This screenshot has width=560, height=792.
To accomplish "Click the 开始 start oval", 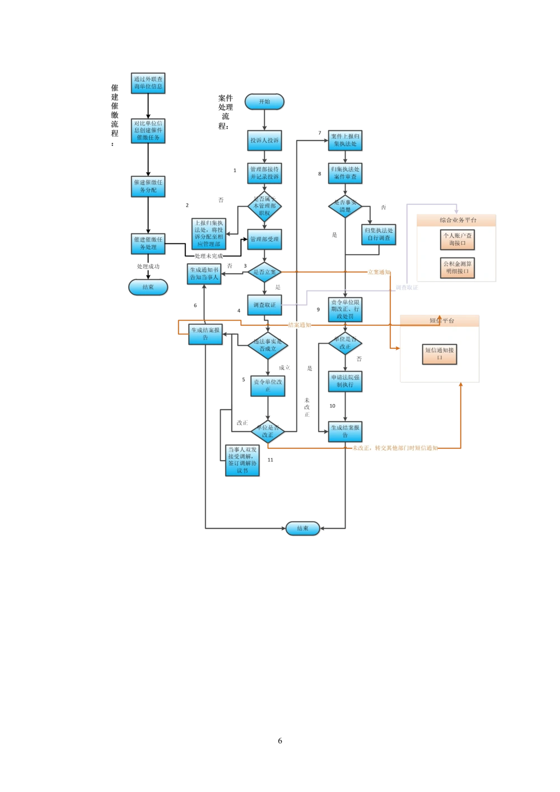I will point(264,102).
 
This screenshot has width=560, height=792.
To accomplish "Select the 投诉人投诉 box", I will point(264,140).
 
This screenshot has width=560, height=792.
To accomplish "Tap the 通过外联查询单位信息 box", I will point(148,83).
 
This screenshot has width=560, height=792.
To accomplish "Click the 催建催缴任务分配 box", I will point(148,186).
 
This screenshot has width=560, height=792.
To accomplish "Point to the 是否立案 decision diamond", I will point(265,272).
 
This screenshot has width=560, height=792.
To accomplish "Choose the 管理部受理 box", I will point(264,239).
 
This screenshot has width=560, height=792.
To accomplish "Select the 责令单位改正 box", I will point(267,385).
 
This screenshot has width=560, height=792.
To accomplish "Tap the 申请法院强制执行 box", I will point(345,381).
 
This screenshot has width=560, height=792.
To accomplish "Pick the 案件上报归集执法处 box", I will point(345,140).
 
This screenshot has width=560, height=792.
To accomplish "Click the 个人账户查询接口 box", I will point(458,240).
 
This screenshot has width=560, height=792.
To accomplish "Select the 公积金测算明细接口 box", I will point(458,268).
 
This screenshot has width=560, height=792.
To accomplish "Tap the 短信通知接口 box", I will point(440,354).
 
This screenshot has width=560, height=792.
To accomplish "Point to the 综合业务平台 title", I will point(458,220).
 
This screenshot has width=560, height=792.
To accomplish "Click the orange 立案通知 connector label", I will point(378,272).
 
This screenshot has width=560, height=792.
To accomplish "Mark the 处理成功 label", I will point(148,267).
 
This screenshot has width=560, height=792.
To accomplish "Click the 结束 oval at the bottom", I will point(303,528).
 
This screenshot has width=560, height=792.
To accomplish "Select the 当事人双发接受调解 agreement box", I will point(242,460).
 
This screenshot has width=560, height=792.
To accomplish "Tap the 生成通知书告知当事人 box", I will point(204,273).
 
